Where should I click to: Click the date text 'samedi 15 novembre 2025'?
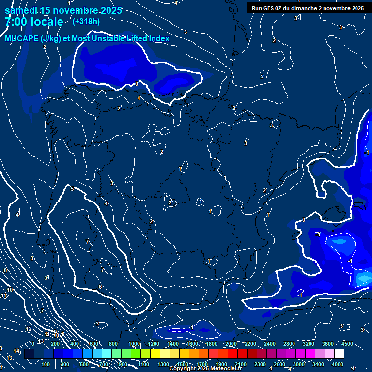pos(63,10)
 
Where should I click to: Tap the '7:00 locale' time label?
pos(34,22)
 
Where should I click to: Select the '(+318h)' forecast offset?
pos(86,21)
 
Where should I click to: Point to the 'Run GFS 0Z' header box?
pos(308,8)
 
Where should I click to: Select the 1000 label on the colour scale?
pos(134,344)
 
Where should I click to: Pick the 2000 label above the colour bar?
pos(231,344)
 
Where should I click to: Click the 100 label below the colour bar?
pos(46,364)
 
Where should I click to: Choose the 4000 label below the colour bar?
pos(338,364)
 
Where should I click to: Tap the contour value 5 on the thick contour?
pos(72,189)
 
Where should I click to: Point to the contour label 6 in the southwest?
pos(100,287)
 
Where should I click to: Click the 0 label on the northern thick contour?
pos(136,84)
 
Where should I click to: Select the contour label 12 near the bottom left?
pos(29,329)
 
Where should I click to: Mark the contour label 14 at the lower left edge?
pos(16,351)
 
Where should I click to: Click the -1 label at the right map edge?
pos(366,152)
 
